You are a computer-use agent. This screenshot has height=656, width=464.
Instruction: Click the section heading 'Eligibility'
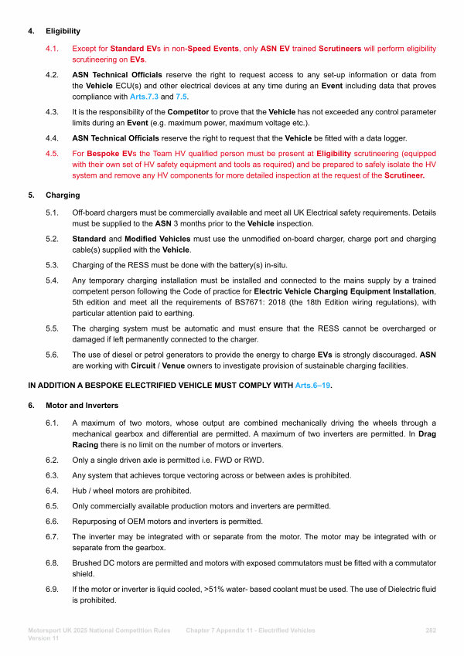[63, 32]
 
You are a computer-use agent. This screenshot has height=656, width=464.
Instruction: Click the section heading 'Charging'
[62, 195]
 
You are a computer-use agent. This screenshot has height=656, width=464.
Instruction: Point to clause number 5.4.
[53, 280]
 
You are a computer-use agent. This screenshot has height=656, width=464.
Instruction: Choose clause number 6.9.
[53, 590]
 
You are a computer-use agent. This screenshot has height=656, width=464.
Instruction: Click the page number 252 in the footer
[431, 631]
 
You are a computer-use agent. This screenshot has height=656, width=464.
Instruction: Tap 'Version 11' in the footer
[44, 638]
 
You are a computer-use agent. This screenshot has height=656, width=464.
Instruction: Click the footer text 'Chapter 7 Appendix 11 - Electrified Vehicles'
[251, 631]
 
